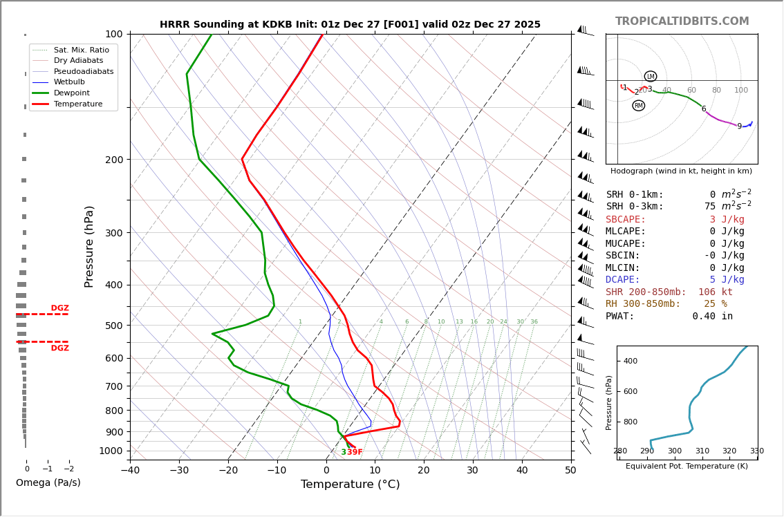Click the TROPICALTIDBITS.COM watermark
(682, 21)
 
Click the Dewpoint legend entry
(72, 93)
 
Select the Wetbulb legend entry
(69, 82)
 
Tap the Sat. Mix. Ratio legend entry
(81, 50)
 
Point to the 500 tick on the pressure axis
(114, 326)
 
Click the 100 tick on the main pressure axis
(114, 34)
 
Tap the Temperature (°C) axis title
(350, 485)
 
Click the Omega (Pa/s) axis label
(48, 483)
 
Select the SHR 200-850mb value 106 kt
(716, 292)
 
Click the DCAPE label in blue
(626, 280)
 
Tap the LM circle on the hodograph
(651, 77)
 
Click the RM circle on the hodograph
(638, 106)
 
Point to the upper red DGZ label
(59, 308)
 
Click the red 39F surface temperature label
(355, 453)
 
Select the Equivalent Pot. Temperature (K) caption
(687, 467)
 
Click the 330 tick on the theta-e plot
(757, 451)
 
